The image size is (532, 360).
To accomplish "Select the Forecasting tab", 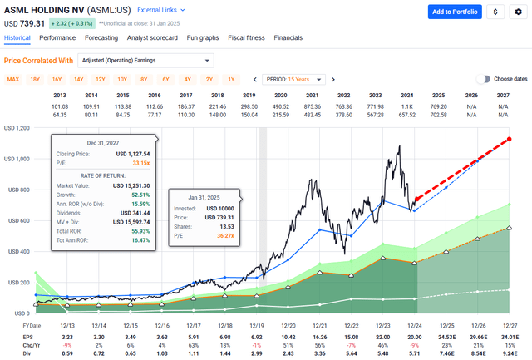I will coord(101,38).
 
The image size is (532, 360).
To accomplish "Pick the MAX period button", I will coord(13,79).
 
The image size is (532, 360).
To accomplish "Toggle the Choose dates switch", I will coord(482,79).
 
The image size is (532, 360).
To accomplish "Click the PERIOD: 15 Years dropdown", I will coord(294,79).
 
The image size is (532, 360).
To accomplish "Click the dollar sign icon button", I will coord(495,12).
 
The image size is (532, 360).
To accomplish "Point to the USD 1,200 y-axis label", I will coord(17,128).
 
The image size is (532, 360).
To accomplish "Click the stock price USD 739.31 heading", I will coord(25,23).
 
